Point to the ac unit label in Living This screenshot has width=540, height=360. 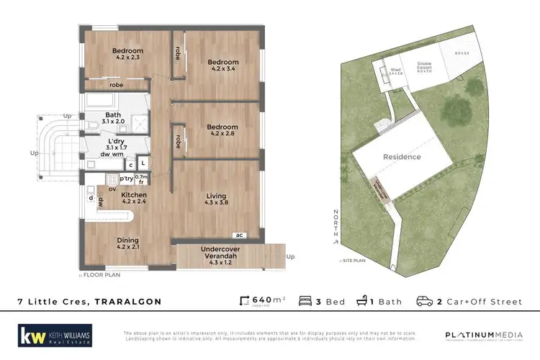coord(238,235)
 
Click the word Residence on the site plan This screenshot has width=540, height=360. coord(401,157)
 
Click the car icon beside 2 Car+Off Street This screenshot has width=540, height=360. coord(425,301)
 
